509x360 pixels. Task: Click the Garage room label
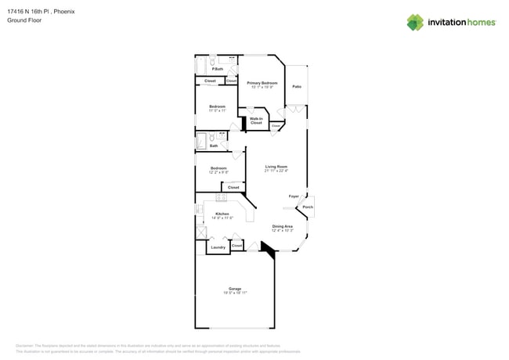point(235,289)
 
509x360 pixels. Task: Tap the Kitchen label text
point(222,214)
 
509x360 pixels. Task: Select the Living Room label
point(276,167)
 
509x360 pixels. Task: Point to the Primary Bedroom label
point(262,83)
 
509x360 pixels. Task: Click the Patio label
point(297,87)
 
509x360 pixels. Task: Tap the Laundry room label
point(218,247)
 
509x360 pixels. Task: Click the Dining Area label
point(282,227)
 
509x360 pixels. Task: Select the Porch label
point(308,207)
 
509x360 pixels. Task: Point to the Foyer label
point(294,196)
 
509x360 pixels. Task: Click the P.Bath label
point(218,70)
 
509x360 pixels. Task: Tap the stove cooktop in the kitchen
point(222,198)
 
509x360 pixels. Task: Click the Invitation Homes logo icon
point(415,22)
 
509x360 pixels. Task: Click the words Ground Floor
point(24,20)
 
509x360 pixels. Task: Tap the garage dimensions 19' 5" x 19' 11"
point(235,293)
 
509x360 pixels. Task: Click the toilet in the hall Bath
point(211,138)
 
